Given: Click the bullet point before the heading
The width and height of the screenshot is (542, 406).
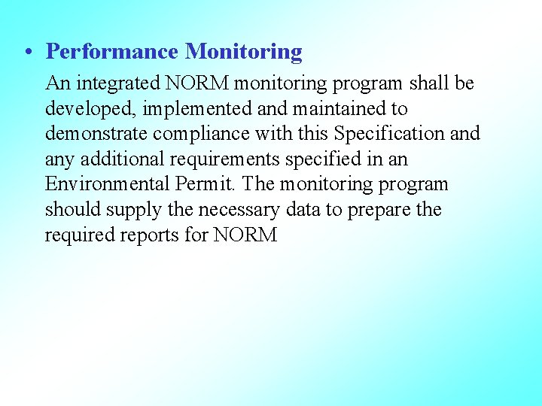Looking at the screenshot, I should (x=27, y=53).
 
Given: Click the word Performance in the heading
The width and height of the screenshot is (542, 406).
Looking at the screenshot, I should (x=112, y=52).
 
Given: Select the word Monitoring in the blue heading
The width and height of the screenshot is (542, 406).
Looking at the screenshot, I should (x=244, y=52).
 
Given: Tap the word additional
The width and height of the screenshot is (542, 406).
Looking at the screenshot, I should (x=117, y=159).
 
